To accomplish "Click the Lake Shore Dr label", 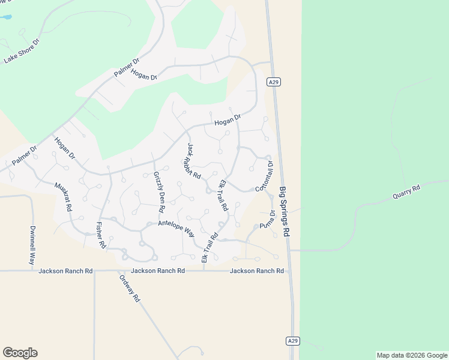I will (x=22, y=51).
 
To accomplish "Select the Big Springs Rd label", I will (x=285, y=214).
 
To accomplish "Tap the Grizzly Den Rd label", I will (x=159, y=192).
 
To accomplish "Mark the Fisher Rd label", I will (x=100, y=236).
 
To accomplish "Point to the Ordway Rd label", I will (x=129, y=289).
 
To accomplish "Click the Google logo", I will (x=20, y=353).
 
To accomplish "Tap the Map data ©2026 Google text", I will (x=412, y=355).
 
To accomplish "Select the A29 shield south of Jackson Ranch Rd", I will (x=292, y=341).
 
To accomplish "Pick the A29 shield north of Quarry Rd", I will (x=274, y=82).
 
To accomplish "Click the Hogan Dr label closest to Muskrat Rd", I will (x=65, y=148).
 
